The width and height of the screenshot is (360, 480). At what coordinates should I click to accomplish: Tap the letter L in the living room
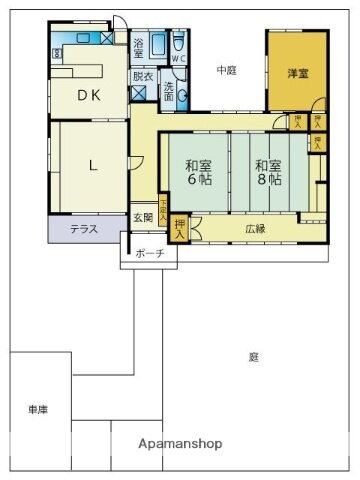(92, 167)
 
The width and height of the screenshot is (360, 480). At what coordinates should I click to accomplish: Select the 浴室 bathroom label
(139, 46)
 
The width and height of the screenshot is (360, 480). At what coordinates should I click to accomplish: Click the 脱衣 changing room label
(142, 76)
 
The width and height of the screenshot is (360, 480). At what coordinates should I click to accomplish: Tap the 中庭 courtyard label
(227, 70)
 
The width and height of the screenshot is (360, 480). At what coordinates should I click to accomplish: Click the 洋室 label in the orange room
(297, 74)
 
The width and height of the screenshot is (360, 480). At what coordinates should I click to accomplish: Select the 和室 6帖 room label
(197, 173)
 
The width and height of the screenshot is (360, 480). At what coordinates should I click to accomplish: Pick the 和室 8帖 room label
(266, 173)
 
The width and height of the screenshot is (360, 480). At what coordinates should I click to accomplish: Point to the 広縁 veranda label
(255, 229)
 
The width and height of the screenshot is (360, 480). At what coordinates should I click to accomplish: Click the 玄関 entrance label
(143, 218)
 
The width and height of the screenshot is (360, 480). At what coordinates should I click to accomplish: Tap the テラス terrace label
(83, 229)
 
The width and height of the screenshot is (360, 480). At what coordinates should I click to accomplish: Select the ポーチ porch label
(150, 253)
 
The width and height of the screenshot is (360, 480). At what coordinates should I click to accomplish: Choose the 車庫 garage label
(39, 410)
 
